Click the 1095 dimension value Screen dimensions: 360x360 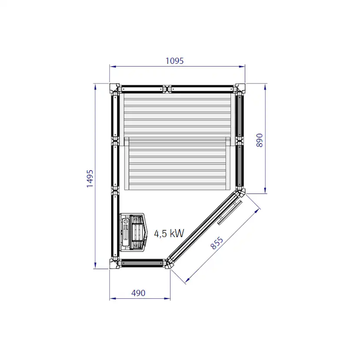(x=174, y=61)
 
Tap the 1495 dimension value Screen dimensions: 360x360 (x=90, y=179)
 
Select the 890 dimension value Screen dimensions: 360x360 (x=260, y=140)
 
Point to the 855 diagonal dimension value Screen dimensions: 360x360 (x=217, y=243)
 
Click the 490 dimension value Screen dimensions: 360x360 (x=138, y=293)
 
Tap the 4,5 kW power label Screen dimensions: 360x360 (x=169, y=233)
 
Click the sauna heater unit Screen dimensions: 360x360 (x=133, y=232)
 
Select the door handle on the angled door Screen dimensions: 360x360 (x=230, y=212)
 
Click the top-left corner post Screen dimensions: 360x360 (x=114, y=89)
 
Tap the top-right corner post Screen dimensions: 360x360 (x=240, y=89)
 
